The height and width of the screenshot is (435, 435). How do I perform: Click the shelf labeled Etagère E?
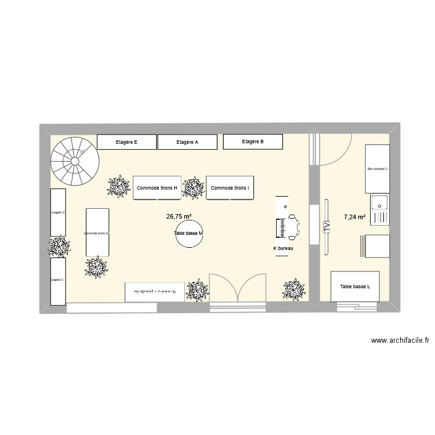tap(126, 142)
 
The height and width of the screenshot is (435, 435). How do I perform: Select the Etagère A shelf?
tap(187, 142)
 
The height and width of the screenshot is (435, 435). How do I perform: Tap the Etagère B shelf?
tap(253, 142)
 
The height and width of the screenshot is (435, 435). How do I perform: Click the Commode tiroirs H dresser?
tap(157, 188)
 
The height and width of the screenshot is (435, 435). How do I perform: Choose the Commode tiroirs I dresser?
tap(230, 188)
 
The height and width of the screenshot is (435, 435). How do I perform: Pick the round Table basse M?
tap(189, 234)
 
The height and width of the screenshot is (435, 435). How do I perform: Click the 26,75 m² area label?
tap(179, 216)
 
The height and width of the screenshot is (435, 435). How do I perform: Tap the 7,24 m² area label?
tap(354, 217)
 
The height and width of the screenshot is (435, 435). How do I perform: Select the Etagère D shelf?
tap(58, 212)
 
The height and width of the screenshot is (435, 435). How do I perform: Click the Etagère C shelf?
tap(57, 281)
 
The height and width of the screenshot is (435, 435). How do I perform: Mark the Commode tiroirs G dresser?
tap(97, 233)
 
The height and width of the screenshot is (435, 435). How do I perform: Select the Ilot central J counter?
tap(377, 169)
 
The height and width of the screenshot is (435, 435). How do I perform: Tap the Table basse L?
tap(356, 287)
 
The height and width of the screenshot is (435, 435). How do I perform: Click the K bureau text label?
tap(284, 248)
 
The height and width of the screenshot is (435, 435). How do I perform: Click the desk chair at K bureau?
tap(292, 226)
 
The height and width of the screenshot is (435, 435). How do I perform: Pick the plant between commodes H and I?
tap(193, 188)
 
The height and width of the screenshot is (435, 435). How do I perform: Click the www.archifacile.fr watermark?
tap(400, 340)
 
